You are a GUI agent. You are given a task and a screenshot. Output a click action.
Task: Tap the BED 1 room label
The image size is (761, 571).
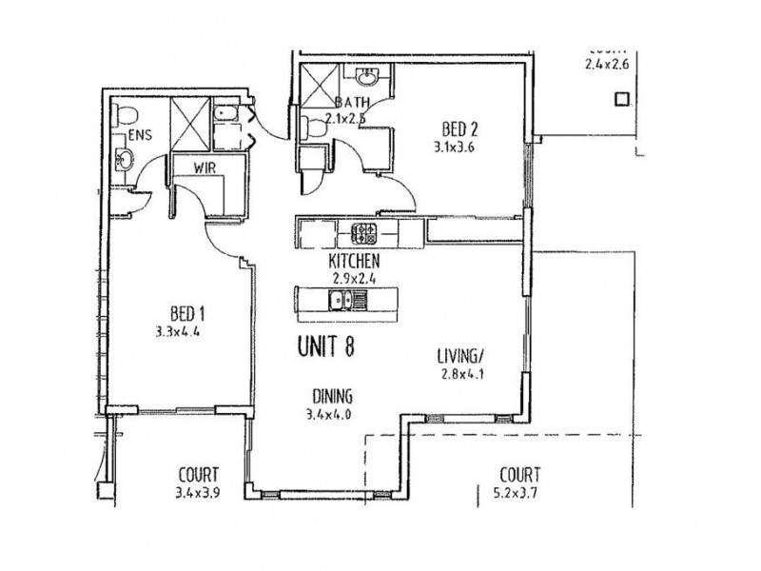[188, 312]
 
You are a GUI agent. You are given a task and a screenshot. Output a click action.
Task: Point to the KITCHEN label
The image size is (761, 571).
[355, 261]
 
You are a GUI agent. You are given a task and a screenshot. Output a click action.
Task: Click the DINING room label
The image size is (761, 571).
[332, 397]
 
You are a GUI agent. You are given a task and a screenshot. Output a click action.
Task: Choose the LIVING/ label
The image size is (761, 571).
[461, 357]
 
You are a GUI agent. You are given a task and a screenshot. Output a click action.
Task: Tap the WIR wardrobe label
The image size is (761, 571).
[206, 167]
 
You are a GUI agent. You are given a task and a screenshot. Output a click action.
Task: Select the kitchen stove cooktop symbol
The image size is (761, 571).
[364, 231]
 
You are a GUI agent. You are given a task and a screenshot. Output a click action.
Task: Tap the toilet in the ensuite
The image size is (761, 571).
[127, 118]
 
